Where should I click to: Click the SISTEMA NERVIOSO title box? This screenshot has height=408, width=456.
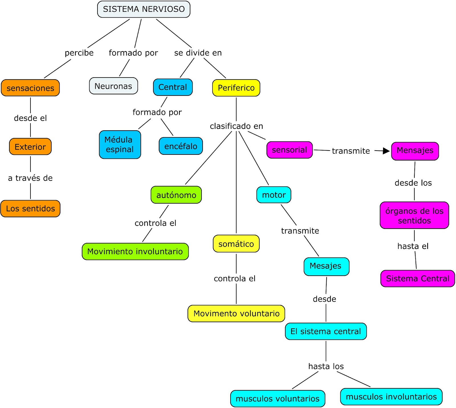click(x=144, y=9)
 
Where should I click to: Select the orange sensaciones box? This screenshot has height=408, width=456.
click(x=30, y=88)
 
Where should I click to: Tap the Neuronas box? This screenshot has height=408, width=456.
click(x=113, y=86)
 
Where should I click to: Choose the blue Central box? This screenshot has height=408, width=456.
click(x=173, y=87)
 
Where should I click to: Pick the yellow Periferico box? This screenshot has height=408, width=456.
click(x=236, y=88)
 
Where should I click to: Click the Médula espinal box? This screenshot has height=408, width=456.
click(x=120, y=145)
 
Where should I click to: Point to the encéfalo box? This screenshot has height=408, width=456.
click(x=181, y=146)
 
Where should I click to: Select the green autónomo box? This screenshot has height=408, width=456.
click(x=176, y=195)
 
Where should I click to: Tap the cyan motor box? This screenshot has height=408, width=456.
click(x=274, y=195)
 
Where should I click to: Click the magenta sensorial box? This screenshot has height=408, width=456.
click(x=290, y=150)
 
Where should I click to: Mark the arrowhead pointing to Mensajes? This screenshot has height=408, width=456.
click(x=386, y=151)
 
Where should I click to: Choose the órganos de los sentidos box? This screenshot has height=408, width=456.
click(x=414, y=215)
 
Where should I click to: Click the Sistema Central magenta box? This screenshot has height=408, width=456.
click(x=418, y=278)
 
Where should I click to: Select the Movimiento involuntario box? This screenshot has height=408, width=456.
click(x=135, y=251)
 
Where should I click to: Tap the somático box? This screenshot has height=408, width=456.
click(x=236, y=243)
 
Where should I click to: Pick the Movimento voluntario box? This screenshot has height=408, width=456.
click(x=236, y=313)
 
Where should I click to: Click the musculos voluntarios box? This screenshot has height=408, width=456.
click(x=278, y=398)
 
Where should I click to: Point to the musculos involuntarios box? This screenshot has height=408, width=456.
click(x=391, y=396)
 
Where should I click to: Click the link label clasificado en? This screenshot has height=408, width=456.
click(x=237, y=126)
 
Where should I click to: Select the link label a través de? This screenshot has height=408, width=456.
click(x=30, y=178)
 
